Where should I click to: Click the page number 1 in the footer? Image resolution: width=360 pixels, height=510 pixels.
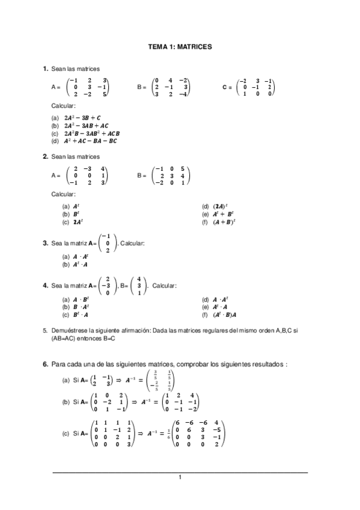(180, 478)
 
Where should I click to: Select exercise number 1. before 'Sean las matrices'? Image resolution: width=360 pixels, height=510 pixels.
(45, 69)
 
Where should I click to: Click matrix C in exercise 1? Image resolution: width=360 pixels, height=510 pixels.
(255, 87)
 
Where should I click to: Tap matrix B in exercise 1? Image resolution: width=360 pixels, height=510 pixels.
(172, 87)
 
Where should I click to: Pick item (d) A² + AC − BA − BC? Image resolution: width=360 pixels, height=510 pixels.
(90, 141)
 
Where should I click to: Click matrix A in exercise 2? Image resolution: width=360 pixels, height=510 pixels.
(88, 176)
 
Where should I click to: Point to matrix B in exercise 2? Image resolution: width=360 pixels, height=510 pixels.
(172, 176)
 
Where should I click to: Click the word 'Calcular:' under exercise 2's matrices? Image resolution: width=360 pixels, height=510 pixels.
(63, 194)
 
